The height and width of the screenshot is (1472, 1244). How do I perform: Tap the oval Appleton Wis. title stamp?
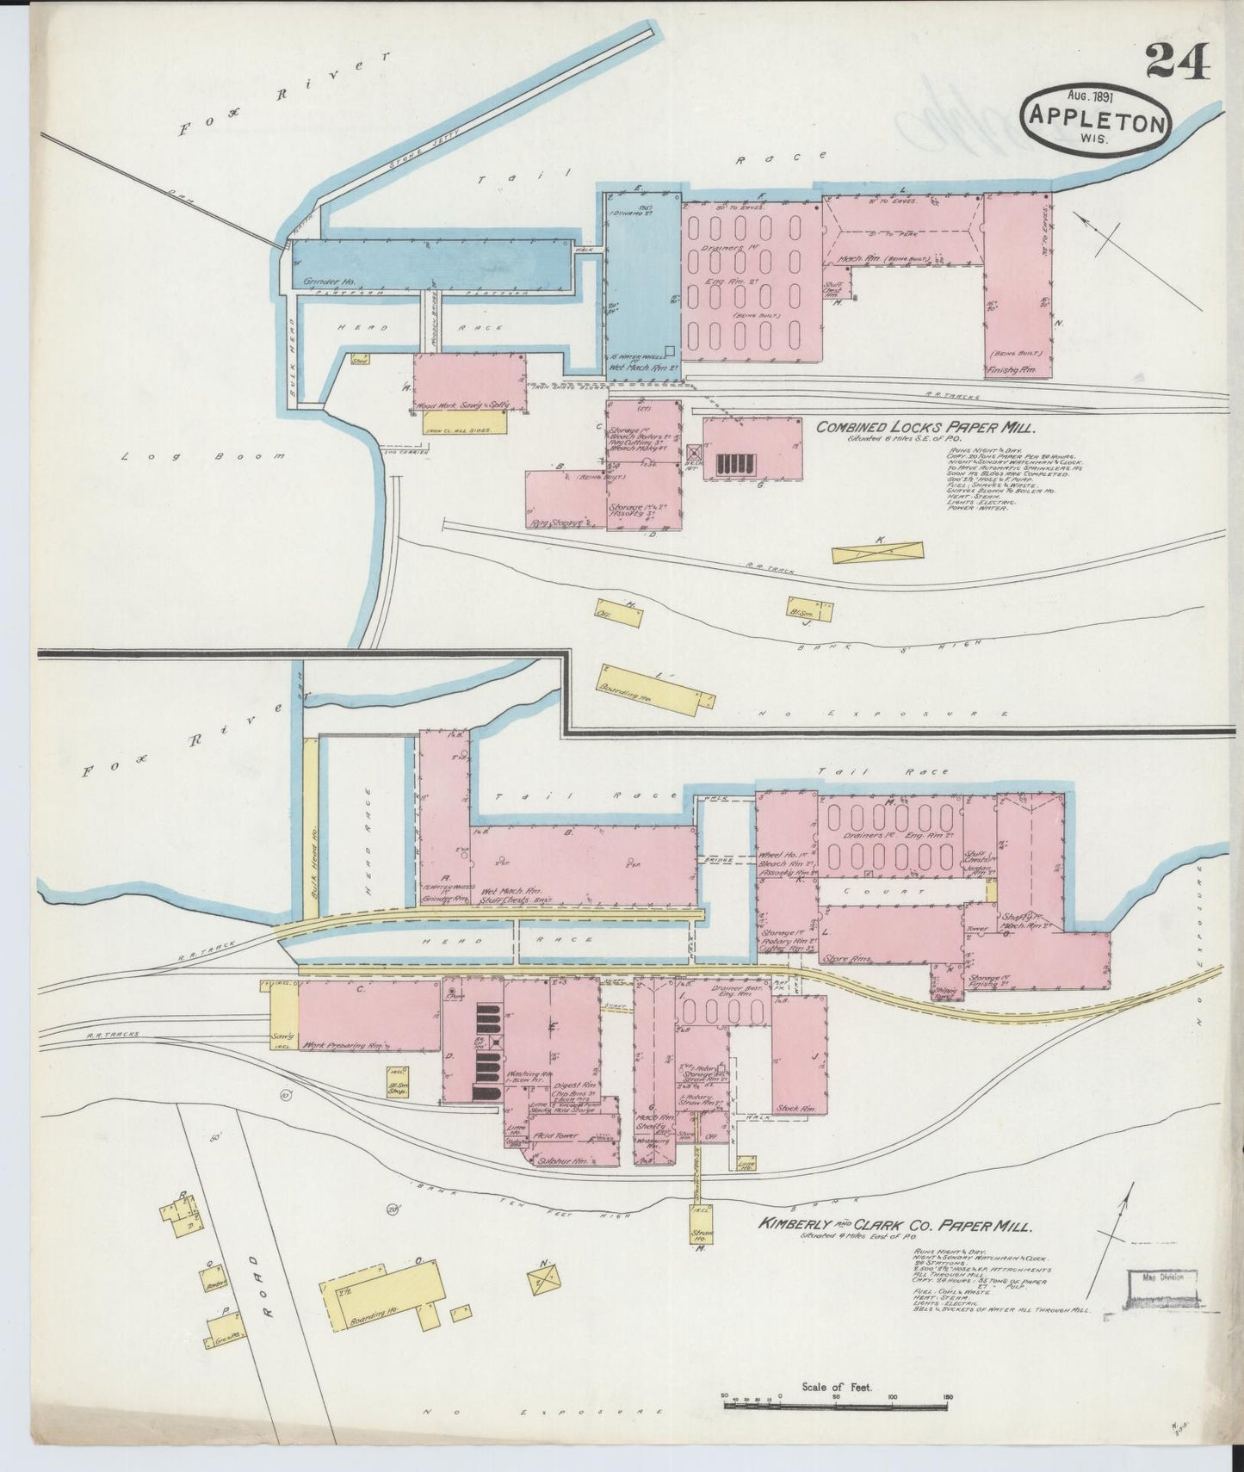pos(1093,121)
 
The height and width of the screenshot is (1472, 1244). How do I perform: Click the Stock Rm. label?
pos(795,1108)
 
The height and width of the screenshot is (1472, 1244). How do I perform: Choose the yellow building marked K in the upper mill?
pos(877,552)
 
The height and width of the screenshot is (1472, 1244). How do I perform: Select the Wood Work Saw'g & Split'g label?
pos(462,404)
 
